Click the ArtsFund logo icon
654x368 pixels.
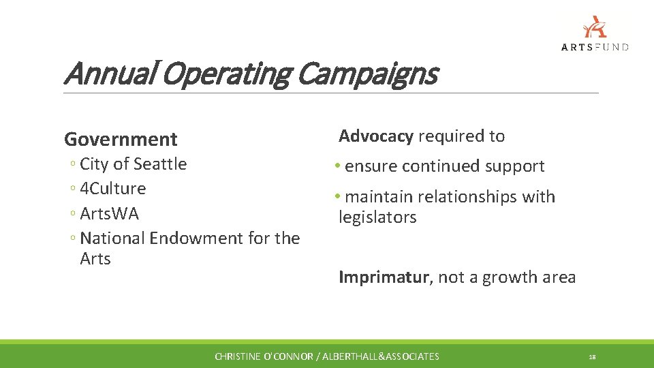tap(595, 27)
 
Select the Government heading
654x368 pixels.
tap(121, 139)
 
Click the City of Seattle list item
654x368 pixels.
tap(133, 164)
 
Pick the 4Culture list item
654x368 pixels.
tap(112, 189)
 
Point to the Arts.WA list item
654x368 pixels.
tap(109, 214)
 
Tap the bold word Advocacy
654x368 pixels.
tap(376, 136)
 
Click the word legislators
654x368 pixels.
tap(377, 218)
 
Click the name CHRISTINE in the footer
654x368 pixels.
tap(238, 356)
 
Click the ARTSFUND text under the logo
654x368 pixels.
tap(595, 47)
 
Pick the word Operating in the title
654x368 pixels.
tap(225, 74)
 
